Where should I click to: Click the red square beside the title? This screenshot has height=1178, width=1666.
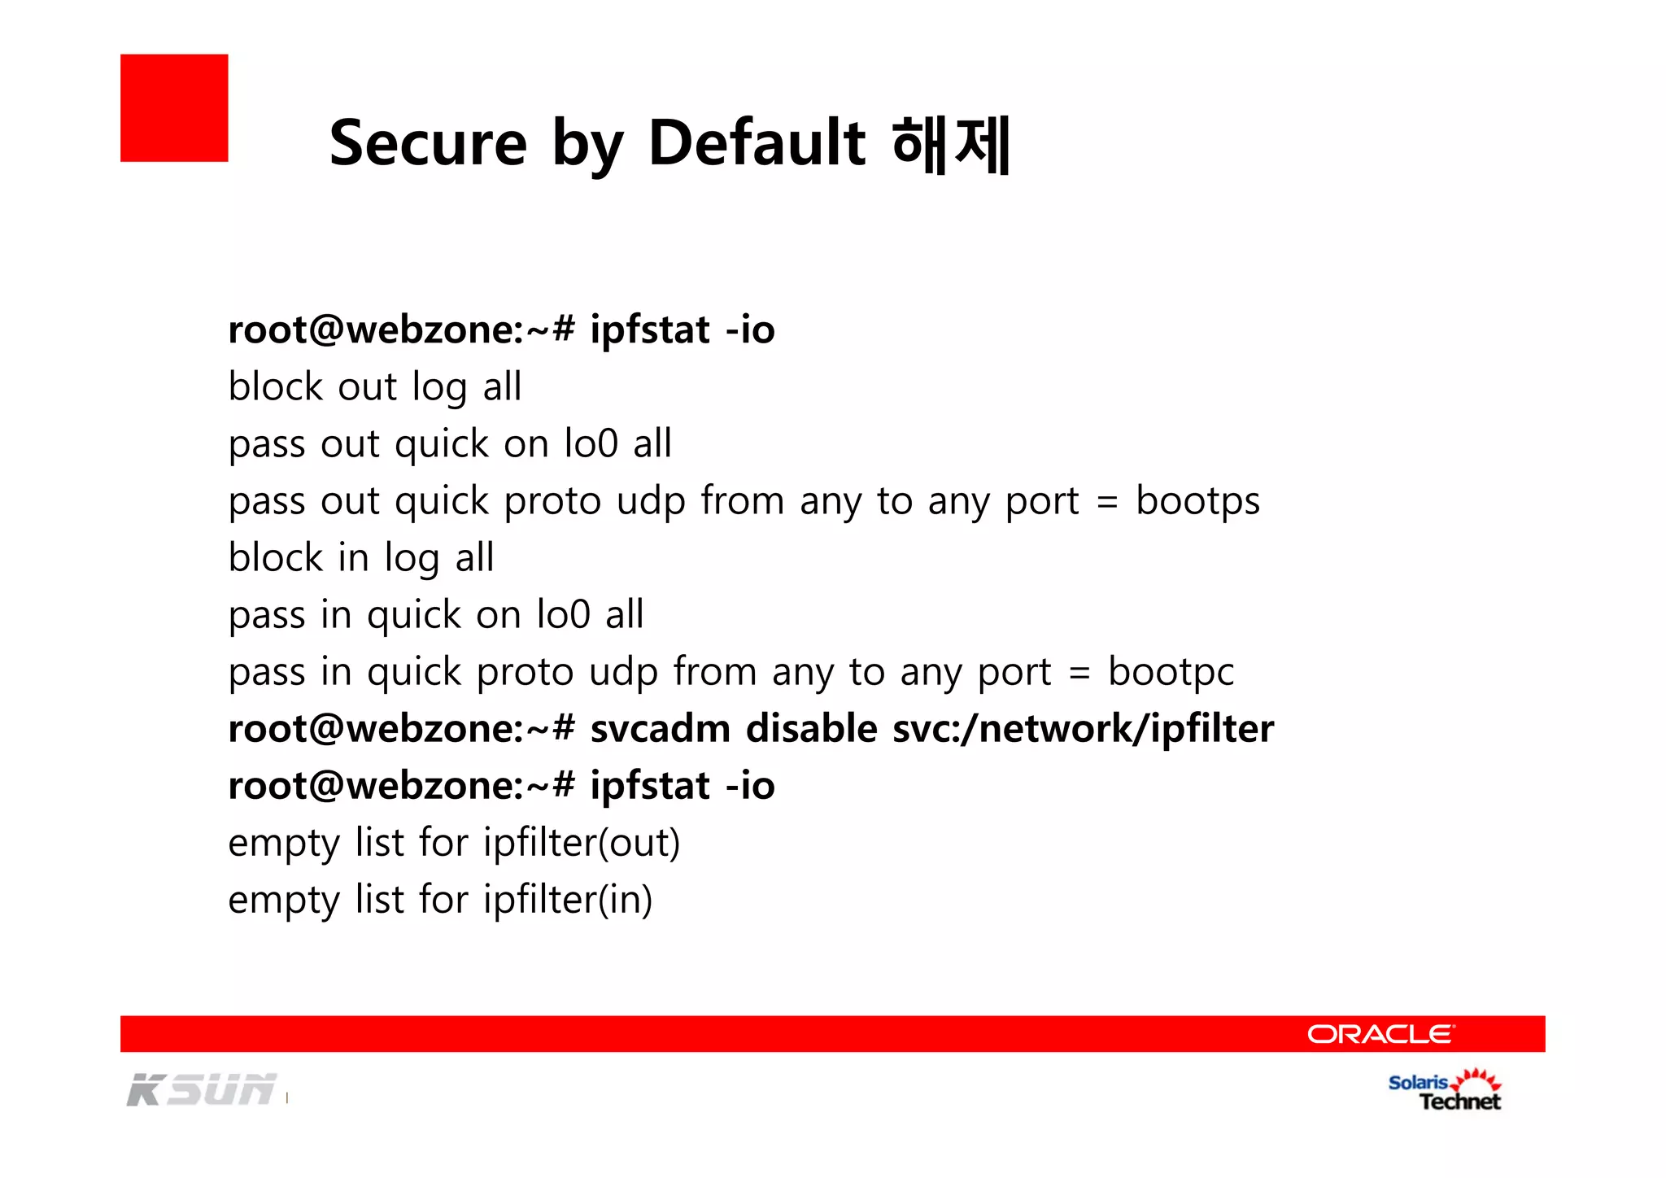pos(174,108)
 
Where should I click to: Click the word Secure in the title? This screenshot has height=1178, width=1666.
pos(428,143)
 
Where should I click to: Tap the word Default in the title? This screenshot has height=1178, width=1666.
pos(756,143)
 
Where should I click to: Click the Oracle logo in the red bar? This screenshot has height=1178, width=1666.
pos(1380,1034)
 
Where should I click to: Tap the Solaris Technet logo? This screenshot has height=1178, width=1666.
pos(1445,1091)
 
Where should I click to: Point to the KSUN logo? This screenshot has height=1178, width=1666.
pos(202,1090)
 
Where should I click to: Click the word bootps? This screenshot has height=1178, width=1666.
pos(1197,501)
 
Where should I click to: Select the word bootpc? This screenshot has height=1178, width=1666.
pos(1171,672)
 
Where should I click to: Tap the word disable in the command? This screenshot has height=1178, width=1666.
pos(811,729)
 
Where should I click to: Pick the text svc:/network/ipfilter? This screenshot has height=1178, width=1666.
pos(1083,729)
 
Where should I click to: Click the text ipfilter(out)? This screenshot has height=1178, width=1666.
pos(581,843)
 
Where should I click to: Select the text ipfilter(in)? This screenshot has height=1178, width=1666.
pos(568,900)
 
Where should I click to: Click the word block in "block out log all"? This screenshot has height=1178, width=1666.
pos(276,386)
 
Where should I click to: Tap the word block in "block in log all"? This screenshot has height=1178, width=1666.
pos(276,558)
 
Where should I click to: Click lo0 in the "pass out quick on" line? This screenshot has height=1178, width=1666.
pos(591,444)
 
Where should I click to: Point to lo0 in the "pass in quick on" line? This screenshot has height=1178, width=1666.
pos(563,615)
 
